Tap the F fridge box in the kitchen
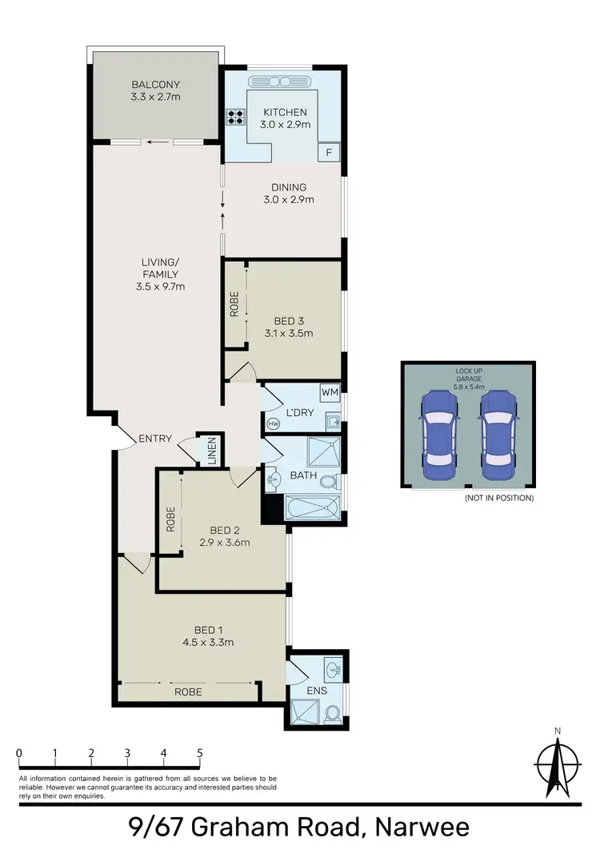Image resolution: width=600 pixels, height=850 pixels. pyautogui.click(x=329, y=153)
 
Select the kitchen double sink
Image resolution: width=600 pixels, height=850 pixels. pyautogui.click(x=280, y=82)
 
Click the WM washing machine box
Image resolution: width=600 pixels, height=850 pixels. pyautogui.click(x=330, y=393)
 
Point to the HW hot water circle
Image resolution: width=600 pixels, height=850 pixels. pyautogui.click(x=274, y=423)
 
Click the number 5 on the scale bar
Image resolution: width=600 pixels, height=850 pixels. pyautogui.click(x=199, y=753)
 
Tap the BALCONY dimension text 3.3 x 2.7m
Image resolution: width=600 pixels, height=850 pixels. pyautogui.click(x=157, y=98)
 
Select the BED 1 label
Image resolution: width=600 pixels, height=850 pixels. pyautogui.click(x=206, y=628)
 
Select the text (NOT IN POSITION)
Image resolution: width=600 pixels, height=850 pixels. pyautogui.click(x=498, y=498)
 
